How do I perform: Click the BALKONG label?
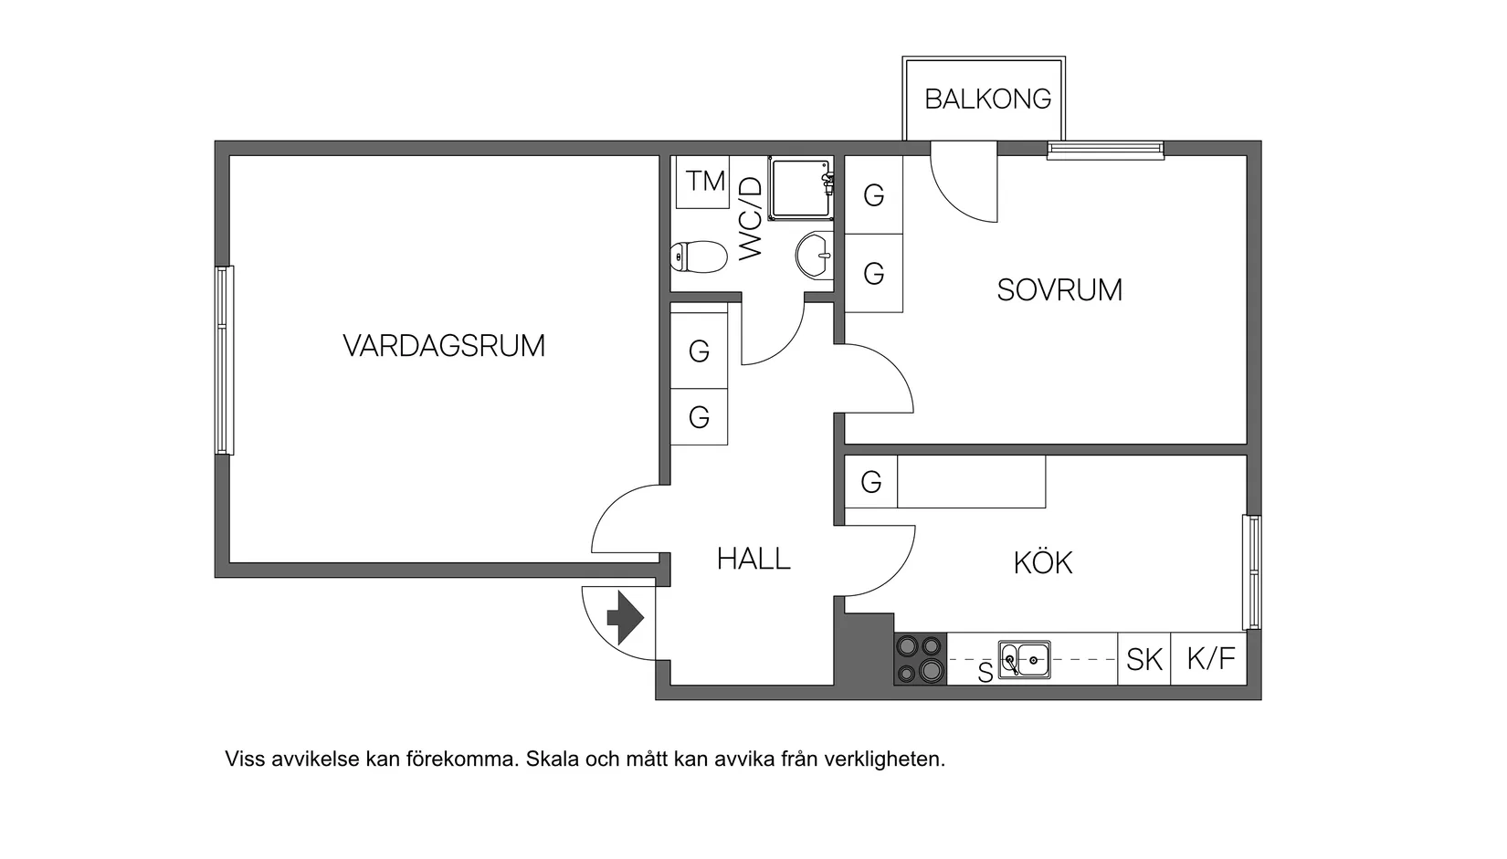click(x=987, y=99)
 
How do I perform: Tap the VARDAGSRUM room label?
click(x=444, y=346)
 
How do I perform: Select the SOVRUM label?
click(x=1059, y=290)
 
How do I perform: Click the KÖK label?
click(x=1042, y=562)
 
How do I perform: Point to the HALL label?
click(x=753, y=559)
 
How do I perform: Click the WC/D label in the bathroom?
click(x=750, y=218)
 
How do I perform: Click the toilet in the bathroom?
click(x=699, y=257)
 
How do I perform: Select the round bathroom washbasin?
click(x=814, y=255)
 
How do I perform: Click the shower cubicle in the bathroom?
click(x=800, y=188)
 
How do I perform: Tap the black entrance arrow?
click(x=627, y=618)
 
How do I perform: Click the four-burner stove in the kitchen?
click(x=920, y=658)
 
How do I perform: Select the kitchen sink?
click(x=1024, y=658)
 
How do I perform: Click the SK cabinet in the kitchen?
click(x=1143, y=659)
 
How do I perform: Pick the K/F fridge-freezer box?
click(x=1210, y=658)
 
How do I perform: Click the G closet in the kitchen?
click(x=870, y=482)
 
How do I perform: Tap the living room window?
click(x=224, y=360)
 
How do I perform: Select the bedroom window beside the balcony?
click(x=1105, y=150)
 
